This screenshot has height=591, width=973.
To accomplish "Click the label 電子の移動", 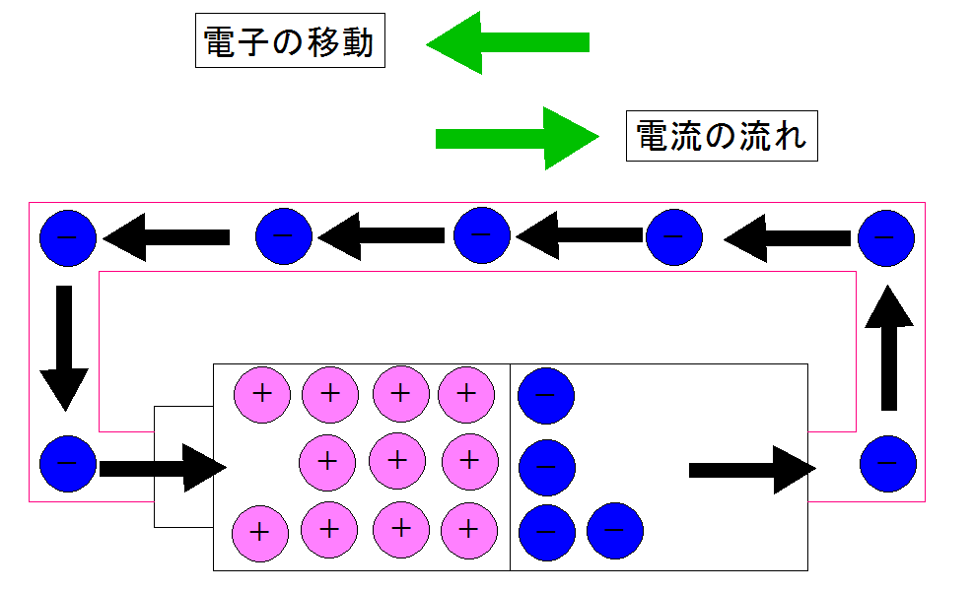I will pos(290,41).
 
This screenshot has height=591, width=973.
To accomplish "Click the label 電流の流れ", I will pos(722,136).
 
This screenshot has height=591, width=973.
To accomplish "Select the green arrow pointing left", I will pos(507,42).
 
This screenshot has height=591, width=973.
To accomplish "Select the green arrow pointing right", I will pos(517,138).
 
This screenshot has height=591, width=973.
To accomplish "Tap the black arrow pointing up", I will pos(889,347).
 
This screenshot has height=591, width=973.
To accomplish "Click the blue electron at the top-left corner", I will pos(67,237).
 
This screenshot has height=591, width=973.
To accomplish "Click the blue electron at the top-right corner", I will pos(886,237).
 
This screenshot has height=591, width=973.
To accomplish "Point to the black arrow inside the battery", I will pos(751,469).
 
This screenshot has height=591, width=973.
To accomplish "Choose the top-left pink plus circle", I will pos(261,395).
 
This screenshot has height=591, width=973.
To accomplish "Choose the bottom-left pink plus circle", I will pos(259,532).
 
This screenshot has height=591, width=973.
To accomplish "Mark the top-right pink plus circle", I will pos(466,395).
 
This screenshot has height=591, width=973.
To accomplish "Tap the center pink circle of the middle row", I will pos(397,460).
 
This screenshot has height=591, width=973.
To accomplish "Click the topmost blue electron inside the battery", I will pos(545,395).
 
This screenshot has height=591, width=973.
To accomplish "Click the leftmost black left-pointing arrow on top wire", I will pos(166,237).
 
